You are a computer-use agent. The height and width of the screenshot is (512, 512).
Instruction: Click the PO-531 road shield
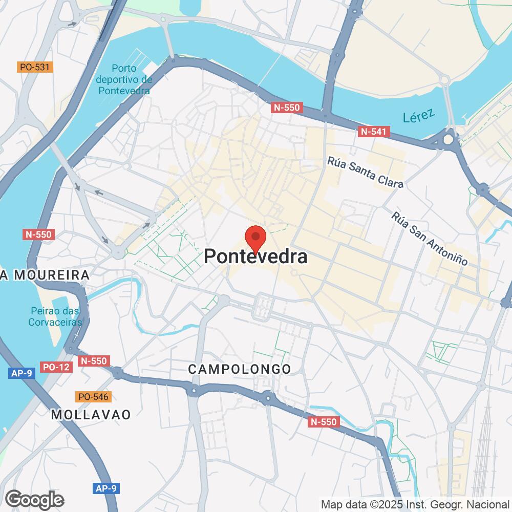click(x=35, y=67)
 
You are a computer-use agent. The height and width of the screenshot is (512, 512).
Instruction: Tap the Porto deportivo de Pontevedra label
click(x=124, y=79)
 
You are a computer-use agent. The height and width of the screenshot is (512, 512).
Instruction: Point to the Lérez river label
click(x=418, y=115)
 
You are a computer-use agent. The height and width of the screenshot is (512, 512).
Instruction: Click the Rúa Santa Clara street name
click(x=366, y=172)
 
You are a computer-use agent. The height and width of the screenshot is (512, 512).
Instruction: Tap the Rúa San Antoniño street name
click(x=430, y=238)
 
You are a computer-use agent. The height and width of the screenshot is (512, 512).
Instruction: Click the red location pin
click(x=255, y=239)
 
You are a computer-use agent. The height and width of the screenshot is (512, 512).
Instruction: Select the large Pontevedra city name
click(x=255, y=257)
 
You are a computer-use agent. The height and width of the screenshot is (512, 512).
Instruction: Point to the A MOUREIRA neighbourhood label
click(x=45, y=275)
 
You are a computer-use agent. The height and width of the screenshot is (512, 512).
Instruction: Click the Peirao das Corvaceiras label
click(x=56, y=317)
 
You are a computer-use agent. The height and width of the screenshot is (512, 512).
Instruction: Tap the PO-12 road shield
click(x=56, y=367)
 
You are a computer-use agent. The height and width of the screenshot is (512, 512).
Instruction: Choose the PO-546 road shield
click(x=93, y=396)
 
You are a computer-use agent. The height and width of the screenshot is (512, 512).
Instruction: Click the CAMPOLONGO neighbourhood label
click(x=240, y=369)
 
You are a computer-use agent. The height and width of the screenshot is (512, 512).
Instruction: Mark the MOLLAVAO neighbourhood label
click(x=91, y=414)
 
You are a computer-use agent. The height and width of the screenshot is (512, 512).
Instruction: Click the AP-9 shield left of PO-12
click(x=22, y=373)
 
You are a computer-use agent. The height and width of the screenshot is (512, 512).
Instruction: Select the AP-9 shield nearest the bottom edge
click(x=106, y=488)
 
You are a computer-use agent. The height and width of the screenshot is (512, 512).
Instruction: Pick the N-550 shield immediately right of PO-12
click(x=94, y=361)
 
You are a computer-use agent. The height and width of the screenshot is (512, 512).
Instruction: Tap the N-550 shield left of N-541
click(x=287, y=108)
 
